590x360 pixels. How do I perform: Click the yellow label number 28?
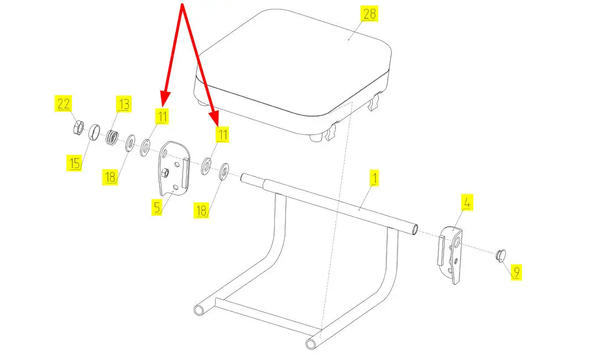point(368,14)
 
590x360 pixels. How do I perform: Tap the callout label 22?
point(64,103)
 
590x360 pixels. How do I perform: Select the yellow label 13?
point(123,104)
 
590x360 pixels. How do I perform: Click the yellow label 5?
point(158,207)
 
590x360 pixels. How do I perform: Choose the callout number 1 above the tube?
point(374,178)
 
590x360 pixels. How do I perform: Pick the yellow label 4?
point(467,203)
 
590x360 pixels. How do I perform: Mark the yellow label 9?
point(515,272)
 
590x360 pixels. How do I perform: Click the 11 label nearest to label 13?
point(161,116)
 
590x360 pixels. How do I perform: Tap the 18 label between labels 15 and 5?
point(110,177)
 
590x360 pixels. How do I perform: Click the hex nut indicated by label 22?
point(79,128)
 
